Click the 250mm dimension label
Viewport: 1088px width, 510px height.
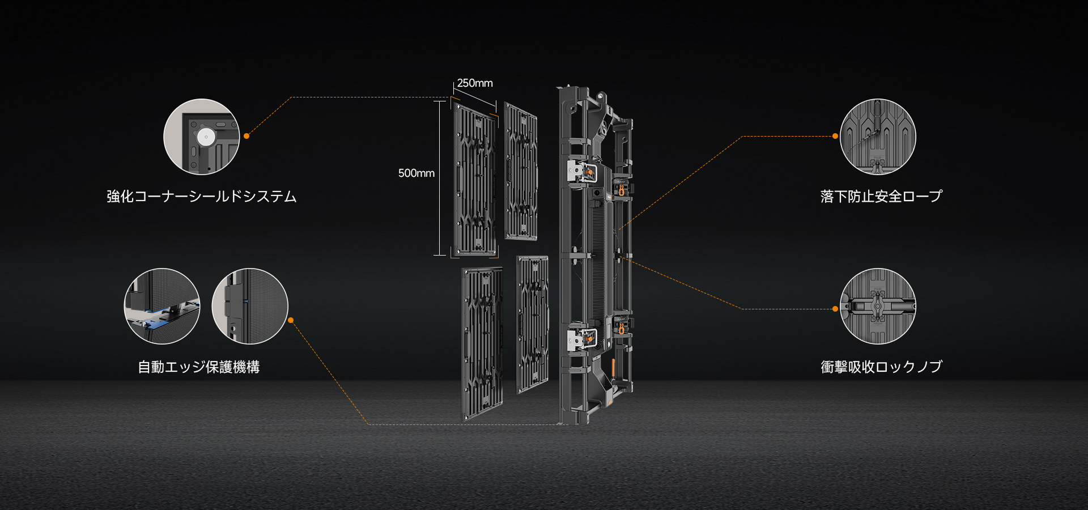pos(475,83)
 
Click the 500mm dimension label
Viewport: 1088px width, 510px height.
pos(416,173)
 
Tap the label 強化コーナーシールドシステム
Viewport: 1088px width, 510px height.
pos(202,197)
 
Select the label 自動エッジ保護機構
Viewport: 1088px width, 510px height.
pos(199,367)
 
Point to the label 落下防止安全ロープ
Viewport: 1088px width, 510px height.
pos(881,197)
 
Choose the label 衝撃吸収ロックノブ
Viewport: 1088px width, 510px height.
pos(881,367)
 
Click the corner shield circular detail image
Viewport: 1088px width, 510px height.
pos(202,137)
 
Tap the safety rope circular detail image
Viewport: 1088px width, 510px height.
pos(878,137)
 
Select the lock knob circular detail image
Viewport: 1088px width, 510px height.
pos(878,306)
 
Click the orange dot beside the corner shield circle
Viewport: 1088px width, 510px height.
pos(246,136)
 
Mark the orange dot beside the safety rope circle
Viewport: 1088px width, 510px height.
pos(835,136)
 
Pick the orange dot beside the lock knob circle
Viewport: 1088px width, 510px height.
pos(835,309)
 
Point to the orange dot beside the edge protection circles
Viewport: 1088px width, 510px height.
pos(291,320)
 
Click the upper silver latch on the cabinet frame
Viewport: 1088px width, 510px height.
pos(581,171)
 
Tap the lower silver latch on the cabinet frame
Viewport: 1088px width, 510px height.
pos(581,339)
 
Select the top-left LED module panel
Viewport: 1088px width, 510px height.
pos(475,179)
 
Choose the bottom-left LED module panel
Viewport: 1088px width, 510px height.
pos(482,344)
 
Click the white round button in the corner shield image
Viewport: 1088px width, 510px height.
pos(206,137)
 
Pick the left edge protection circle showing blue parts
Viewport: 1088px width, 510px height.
pos(162,306)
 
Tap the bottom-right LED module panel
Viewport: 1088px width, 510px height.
pos(533,324)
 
